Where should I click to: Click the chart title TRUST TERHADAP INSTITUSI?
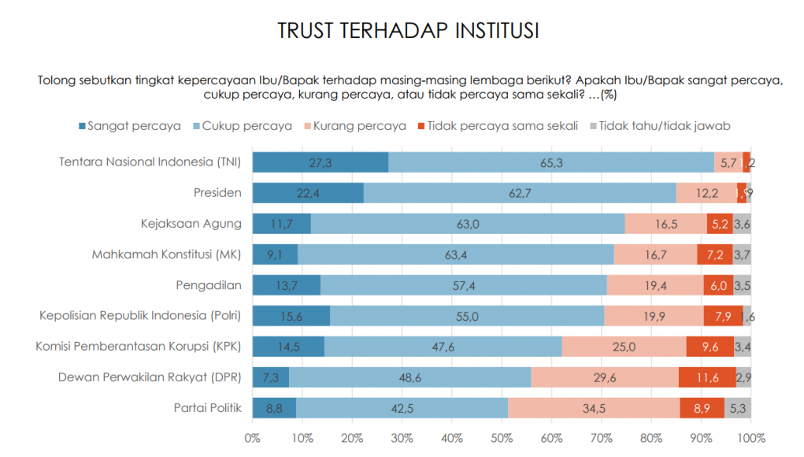coord(408,32)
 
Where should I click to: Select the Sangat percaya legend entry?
coord(130,125)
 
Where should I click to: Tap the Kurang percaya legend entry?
coord(360,125)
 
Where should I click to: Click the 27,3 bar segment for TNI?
coord(320,162)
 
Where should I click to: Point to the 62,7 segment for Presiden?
coord(520,193)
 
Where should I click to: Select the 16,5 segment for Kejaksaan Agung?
coord(665,224)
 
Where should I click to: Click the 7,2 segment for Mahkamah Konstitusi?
coord(715,255)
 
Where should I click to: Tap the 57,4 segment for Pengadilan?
coord(464,285)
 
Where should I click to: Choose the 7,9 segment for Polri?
coord(723,316)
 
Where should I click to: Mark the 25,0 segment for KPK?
coord(624,347)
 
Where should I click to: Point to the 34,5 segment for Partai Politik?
coord(594,408)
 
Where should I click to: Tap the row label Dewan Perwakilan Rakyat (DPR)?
coord(150,377)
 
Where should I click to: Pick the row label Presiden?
coord(217,193)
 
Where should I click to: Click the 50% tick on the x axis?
coord(502,437)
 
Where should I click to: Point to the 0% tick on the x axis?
coord(253,437)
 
